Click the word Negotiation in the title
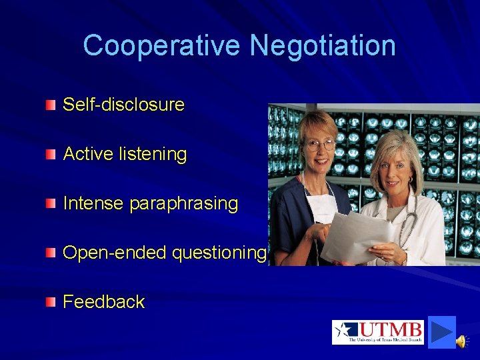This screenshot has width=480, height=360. [x=323, y=46]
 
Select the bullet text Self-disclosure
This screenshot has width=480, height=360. [x=123, y=105]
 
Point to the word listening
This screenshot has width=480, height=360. [x=154, y=154]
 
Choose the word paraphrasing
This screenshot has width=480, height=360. [x=183, y=203]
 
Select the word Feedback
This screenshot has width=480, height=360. [x=103, y=302]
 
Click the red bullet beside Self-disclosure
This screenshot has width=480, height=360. [x=51, y=105]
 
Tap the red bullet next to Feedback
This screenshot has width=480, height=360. [x=51, y=302]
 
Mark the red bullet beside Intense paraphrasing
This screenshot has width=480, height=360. [x=51, y=203]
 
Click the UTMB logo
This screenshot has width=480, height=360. [x=378, y=332]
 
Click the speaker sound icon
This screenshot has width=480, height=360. [x=461, y=341]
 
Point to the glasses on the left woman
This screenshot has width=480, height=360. [x=320, y=143]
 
